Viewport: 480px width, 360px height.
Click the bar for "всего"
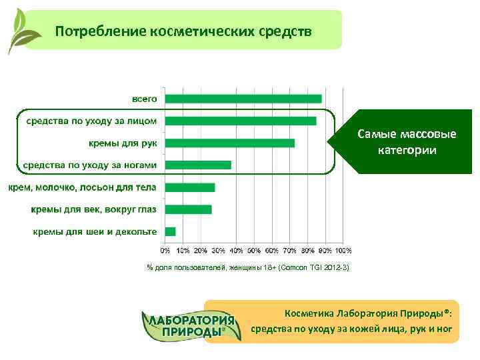[x=243, y=99]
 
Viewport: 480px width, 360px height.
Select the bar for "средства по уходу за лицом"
[x=241, y=121]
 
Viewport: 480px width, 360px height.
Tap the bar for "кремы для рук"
[x=230, y=143]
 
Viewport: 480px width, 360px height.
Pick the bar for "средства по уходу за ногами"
[x=198, y=165]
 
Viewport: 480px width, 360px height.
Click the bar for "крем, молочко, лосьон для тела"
[x=190, y=187]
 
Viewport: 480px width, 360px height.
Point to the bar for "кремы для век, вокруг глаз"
[x=189, y=209]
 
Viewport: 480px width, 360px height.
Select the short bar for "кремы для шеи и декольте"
[x=171, y=231]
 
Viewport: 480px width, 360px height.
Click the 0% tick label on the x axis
[x=165, y=251]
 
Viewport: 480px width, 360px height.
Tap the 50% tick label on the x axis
[x=254, y=251]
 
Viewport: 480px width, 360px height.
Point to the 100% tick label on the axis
[x=343, y=251]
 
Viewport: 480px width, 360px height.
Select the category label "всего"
[x=144, y=99]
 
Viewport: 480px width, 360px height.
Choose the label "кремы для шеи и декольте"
[x=95, y=231]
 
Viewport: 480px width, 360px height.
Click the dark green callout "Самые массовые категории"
[x=407, y=142]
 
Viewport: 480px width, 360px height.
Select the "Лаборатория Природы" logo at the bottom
[x=191, y=326]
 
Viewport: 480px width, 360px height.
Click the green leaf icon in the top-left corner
[x=20, y=30]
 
